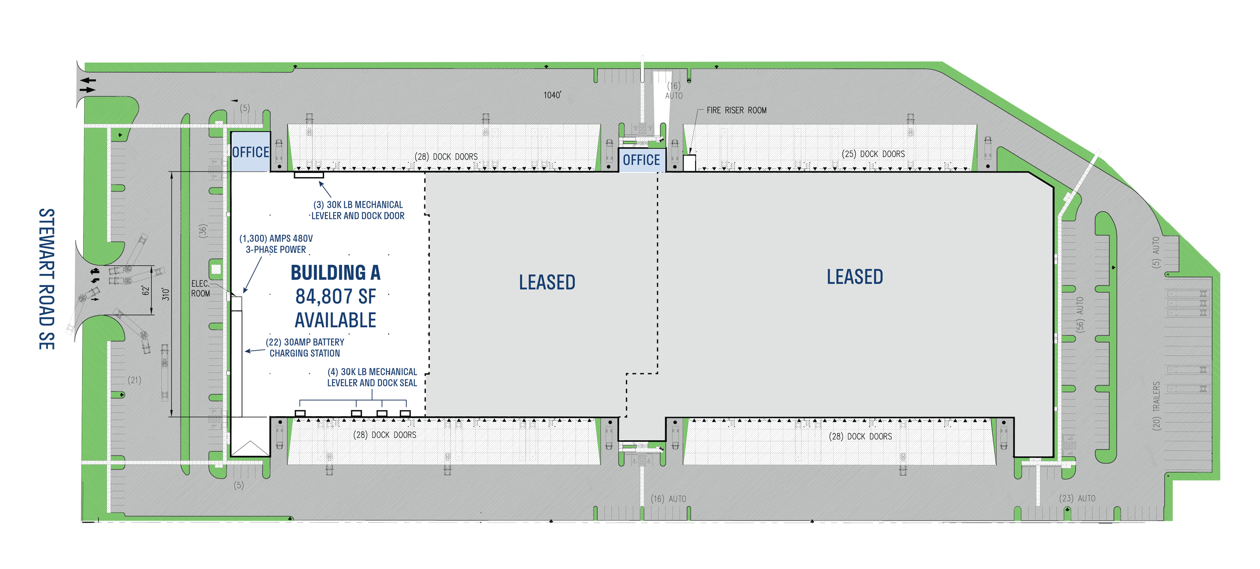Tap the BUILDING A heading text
tap(336, 273)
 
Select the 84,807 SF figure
tap(336, 297)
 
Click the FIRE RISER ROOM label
tap(736, 110)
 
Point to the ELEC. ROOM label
tap(200, 289)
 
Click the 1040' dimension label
tap(552, 95)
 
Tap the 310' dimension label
tap(166, 295)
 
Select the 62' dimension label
tap(146, 291)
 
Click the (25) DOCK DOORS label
tap(873, 154)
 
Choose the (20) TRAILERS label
tap(1157, 406)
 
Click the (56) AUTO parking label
tap(1080, 314)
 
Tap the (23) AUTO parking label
tap(1077, 498)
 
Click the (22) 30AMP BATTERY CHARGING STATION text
tap(305, 348)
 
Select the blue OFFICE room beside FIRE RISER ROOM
tap(641, 160)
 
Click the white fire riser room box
tap(689, 163)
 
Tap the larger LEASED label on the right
tap(855, 277)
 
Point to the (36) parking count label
tap(203, 231)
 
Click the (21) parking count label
tap(134, 380)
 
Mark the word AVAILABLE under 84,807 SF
tap(336, 320)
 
